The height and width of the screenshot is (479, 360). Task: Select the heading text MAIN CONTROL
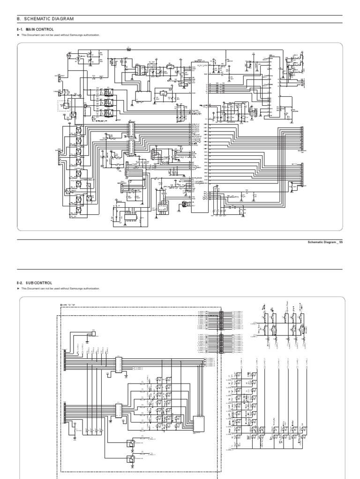[x=38, y=29]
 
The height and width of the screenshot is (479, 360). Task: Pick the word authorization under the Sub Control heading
[x=91, y=289]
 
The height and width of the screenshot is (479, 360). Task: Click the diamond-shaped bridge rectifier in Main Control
[x=68, y=191]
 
